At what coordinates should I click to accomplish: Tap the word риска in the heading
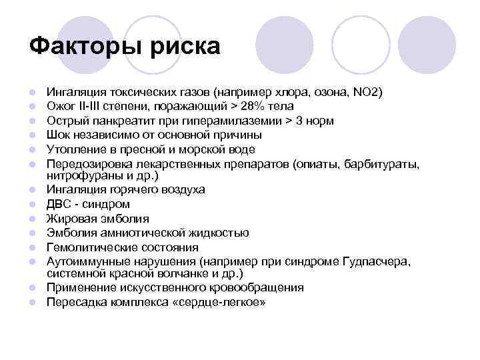coord(187,48)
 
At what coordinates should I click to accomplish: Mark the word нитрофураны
coord(81,175)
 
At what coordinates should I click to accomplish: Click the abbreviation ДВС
coord(58,204)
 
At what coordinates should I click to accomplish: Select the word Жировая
coord(70,219)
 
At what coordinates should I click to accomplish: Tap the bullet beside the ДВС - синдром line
coord(32,205)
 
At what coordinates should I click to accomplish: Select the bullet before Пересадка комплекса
coord(32,303)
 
